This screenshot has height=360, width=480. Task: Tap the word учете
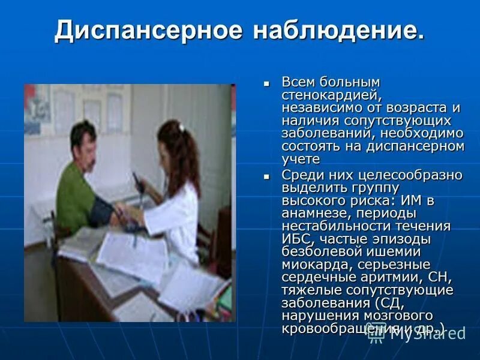click(x=301, y=159)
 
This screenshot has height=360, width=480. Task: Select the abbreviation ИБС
click(x=295, y=239)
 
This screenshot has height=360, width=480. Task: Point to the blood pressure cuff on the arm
click(x=101, y=211)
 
